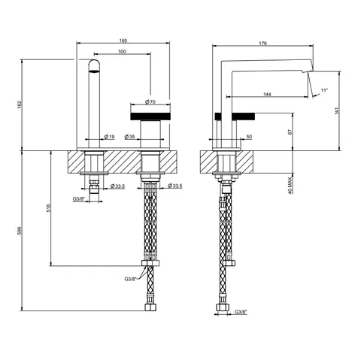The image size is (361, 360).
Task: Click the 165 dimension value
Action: point(123,41)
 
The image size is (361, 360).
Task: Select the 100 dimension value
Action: point(122,52)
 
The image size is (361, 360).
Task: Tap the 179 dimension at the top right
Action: point(262,44)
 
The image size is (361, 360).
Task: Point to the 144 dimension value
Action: point(267,95)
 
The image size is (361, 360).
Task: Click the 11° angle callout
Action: point(324,90)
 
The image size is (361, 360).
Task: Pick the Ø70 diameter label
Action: point(150,101)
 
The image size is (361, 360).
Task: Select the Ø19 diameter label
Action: point(109,137)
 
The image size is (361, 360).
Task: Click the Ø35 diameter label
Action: point(129,137)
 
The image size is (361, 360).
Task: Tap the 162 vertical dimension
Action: point(20,104)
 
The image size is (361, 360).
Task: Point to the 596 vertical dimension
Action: point(20,231)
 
